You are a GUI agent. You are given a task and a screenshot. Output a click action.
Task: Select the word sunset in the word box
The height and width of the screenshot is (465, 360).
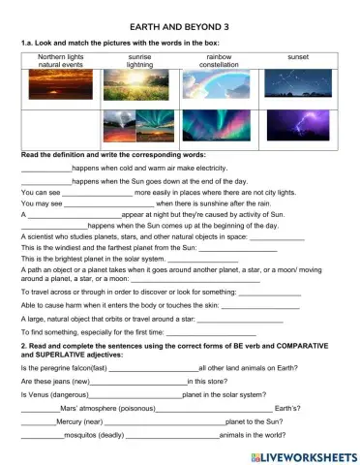tap(298, 57)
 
